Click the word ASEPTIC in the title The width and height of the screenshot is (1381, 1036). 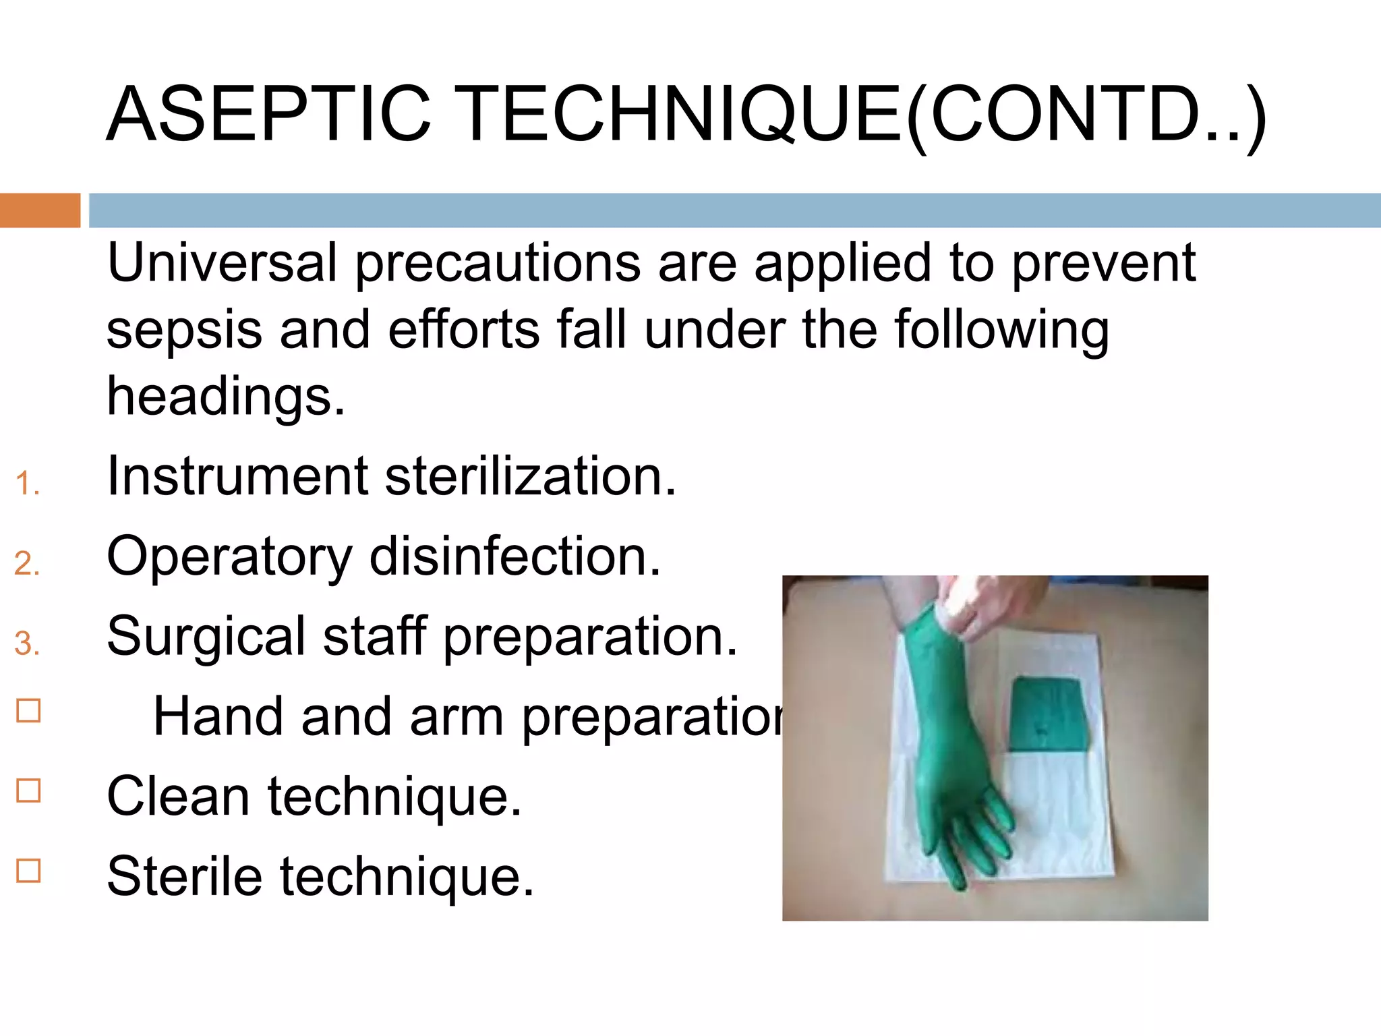point(268,115)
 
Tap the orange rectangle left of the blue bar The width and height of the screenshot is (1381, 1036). point(40,210)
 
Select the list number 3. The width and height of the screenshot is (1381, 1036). point(26,643)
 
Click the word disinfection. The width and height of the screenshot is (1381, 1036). point(515,557)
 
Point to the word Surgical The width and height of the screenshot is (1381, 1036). point(206,637)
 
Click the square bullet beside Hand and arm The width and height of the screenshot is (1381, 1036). point(28,711)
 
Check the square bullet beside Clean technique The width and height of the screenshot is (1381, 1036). point(28,790)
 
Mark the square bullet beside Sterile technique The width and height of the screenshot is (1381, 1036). point(28,871)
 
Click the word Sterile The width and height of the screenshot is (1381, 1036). point(184,877)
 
